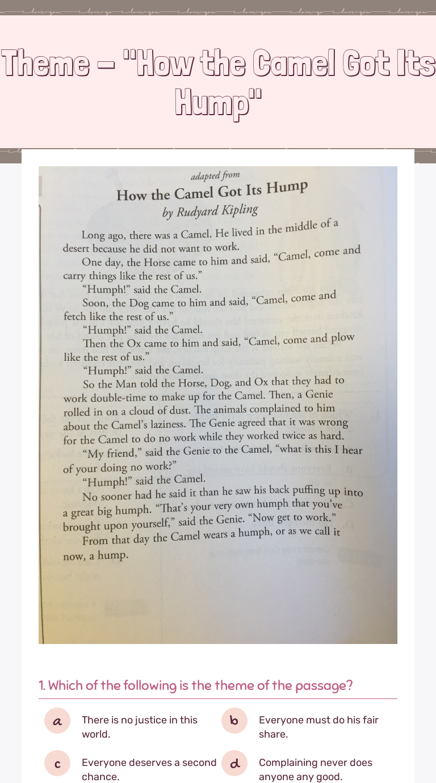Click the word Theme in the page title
pyautogui.click(x=45, y=64)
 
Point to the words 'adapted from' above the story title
pyautogui.click(x=215, y=176)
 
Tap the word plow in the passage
pyautogui.click(x=343, y=337)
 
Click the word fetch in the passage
pyautogui.click(x=74, y=317)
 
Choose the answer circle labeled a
pyautogui.click(x=57, y=721)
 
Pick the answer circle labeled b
pyautogui.click(x=234, y=721)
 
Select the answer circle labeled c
pyautogui.click(x=57, y=763)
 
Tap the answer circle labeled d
pyautogui.click(x=234, y=763)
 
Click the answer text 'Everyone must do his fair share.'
pyautogui.click(x=318, y=727)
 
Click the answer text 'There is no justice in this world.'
pyautogui.click(x=139, y=727)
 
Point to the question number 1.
pyautogui.click(x=42, y=685)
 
